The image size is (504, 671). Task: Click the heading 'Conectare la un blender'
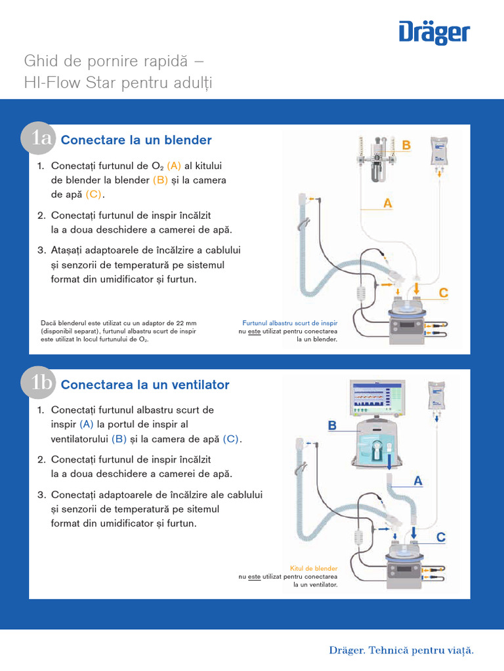(x=136, y=140)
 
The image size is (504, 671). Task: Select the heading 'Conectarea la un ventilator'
(x=145, y=385)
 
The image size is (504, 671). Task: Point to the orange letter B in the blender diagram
(x=406, y=145)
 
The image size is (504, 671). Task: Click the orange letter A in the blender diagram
(x=388, y=204)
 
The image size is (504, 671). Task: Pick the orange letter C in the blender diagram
(x=444, y=294)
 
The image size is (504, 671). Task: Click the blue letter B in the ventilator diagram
(x=332, y=426)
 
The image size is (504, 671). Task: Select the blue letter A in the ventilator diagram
(x=418, y=481)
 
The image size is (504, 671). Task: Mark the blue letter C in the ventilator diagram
(x=441, y=537)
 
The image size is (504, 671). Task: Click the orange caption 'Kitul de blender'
(x=314, y=569)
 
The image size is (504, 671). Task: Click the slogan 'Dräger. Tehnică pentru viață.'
(x=401, y=650)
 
